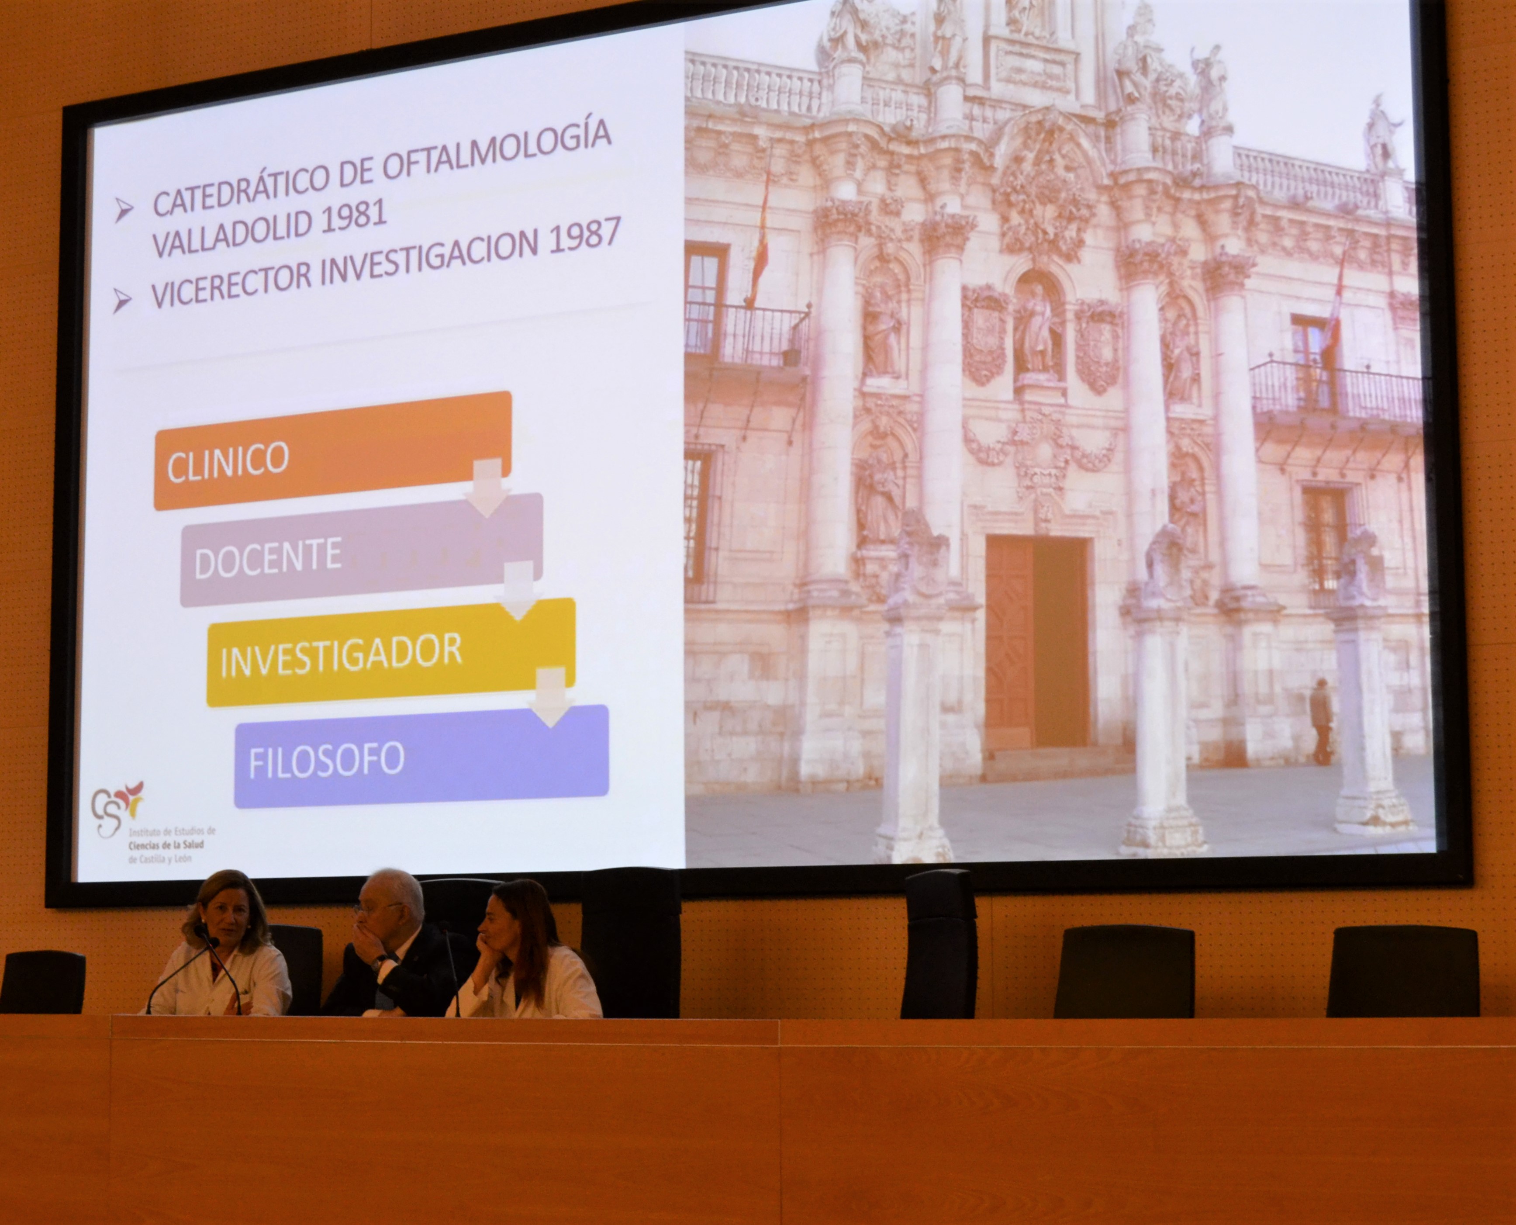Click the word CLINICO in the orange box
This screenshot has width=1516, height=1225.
228,461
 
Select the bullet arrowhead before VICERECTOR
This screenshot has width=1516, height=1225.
122,301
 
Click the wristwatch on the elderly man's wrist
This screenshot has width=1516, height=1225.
379,961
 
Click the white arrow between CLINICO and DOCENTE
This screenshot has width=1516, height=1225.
487,487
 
